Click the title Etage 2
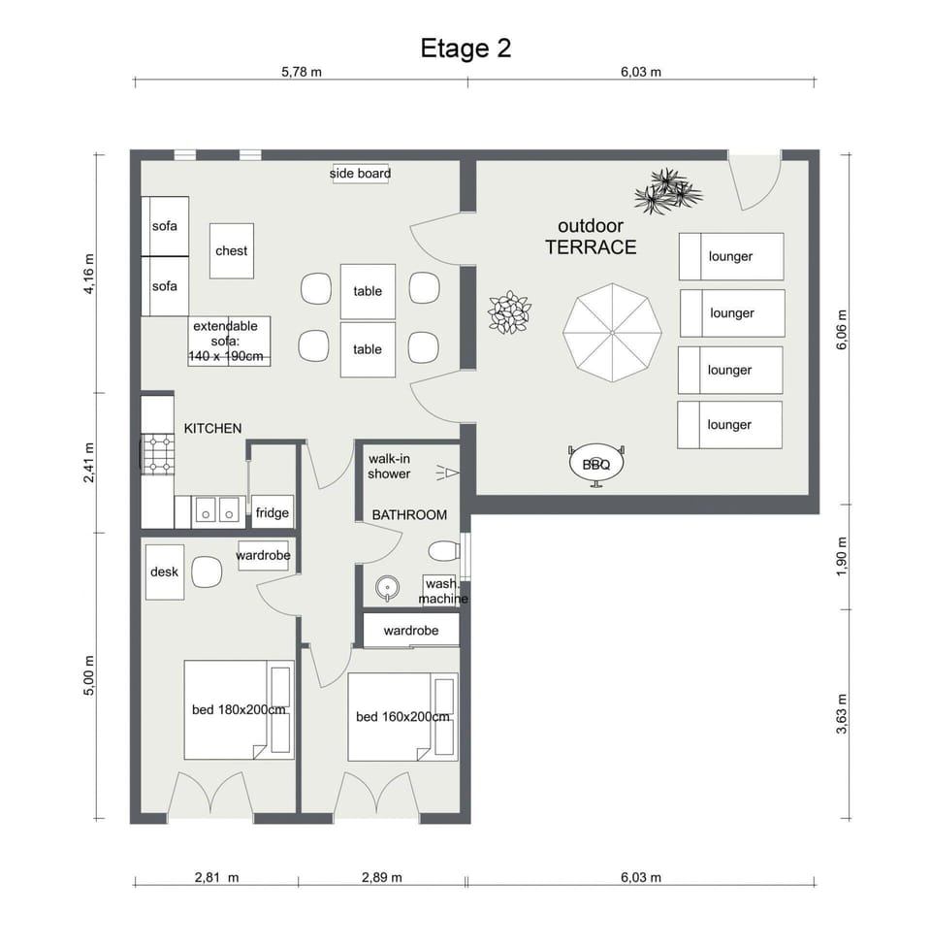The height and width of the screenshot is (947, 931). point(465,49)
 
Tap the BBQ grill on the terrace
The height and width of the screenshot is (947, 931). point(595,465)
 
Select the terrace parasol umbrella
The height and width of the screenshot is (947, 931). point(612,333)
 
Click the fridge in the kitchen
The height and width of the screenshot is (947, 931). point(273,512)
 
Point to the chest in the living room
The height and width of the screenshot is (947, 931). point(231,250)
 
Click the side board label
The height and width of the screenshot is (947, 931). point(360,174)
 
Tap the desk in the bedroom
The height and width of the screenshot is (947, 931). point(165,571)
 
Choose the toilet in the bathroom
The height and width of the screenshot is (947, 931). point(444,551)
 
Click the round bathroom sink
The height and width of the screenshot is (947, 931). point(387,588)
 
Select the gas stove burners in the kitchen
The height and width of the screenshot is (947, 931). point(158,454)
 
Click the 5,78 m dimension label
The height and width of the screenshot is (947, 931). point(302,72)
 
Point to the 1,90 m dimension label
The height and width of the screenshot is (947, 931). point(842,556)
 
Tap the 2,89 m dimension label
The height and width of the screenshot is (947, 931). point(381,877)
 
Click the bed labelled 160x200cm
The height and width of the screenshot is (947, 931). point(402,717)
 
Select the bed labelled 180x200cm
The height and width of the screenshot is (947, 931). point(239,709)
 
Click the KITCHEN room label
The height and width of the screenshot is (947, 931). point(212,428)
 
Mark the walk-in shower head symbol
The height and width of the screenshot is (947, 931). point(447,473)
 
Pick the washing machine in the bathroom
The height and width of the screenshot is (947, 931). point(441,590)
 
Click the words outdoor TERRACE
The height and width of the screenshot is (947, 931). point(591,236)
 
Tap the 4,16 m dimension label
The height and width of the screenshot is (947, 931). point(89,274)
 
